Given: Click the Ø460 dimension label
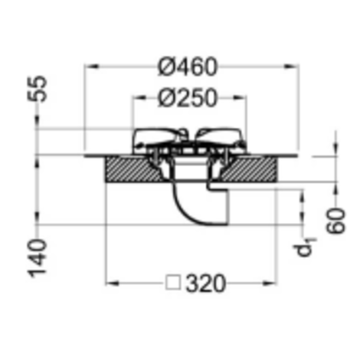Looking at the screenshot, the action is [x=188, y=67].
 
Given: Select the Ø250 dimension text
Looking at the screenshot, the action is [x=188, y=98].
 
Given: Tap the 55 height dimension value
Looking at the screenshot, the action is [x=38, y=89].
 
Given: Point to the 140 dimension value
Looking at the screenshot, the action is [x=38, y=258].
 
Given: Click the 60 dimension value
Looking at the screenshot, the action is [x=336, y=221].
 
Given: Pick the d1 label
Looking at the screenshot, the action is [x=306, y=247].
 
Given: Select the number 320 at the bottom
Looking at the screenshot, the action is [x=206, y=283].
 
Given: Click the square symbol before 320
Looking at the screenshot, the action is [x=173, y=283].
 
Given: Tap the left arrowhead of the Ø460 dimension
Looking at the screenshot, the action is [x=91, y=67].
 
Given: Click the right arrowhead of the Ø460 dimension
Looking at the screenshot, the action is [x=292, y=67].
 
